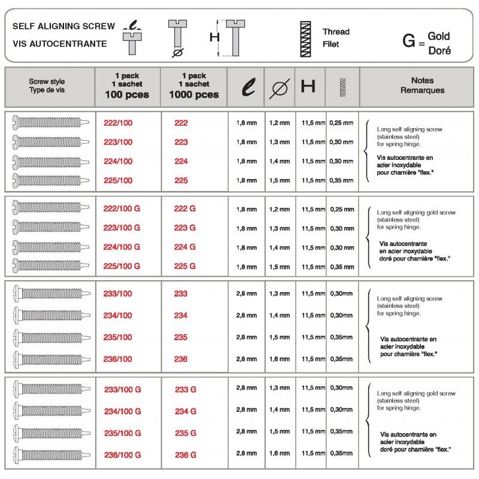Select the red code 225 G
click(x=185, y=266)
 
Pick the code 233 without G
click(x=181, y=293)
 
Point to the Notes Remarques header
click(x=422, y=86)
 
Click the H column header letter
click(x=308, y=87)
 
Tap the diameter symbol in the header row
click(x=278, y=87)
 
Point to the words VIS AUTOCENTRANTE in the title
click(x=59, y=44)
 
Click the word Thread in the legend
click(x=336, y=32)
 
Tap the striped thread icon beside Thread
click(x=306, y=38)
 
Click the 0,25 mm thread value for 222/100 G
click(x=341, y=209)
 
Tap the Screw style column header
click(x=47, y=86)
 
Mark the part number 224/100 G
click(x=122, y=247)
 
